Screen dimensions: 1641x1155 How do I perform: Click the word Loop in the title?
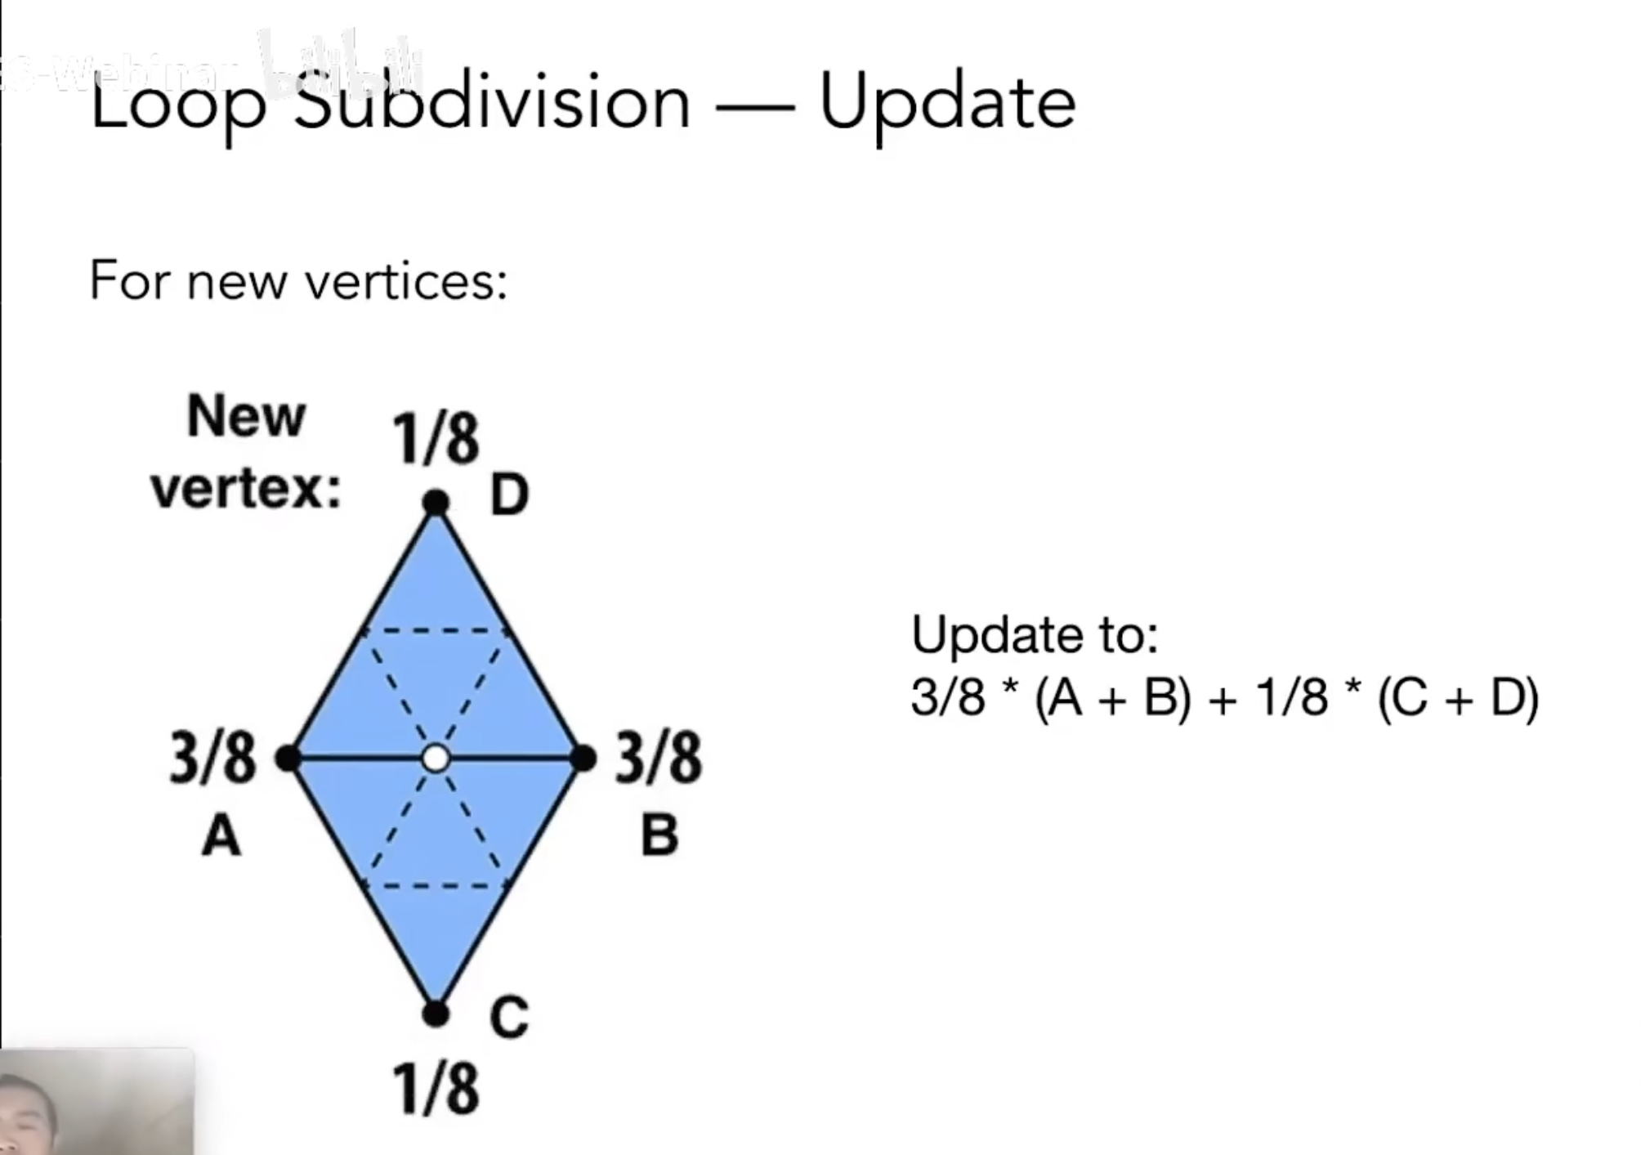coord(178,105)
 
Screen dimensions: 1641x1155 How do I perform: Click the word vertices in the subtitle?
coord(405,281)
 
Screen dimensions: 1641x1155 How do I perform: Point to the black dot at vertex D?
coord(436,502)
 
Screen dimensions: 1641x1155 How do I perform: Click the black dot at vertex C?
coord(436,1014)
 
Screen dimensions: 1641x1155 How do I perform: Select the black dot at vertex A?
coord(288,759)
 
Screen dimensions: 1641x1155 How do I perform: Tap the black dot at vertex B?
coord(584,759)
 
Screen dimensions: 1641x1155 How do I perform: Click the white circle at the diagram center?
coord(436,759)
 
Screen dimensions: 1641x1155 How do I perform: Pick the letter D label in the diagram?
coord(509,495)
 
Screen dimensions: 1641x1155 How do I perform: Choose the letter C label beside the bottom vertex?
coord(508,1018)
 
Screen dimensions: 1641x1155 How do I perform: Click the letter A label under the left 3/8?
coord(221,837)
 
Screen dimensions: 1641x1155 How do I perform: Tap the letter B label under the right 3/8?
coord(659,835)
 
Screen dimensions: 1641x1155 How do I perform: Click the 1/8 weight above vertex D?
coord(436,439)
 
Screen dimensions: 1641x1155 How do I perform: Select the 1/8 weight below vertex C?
coord(436,1089)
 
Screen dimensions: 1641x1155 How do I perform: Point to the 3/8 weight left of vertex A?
coord(212,759)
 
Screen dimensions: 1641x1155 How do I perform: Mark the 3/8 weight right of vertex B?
coord(658,758)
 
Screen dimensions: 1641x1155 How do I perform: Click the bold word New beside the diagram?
coord(246,416)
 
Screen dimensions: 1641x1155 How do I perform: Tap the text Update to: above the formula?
coord(1034,634)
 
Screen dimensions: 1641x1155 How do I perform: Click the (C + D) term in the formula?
coord(1458,698)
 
